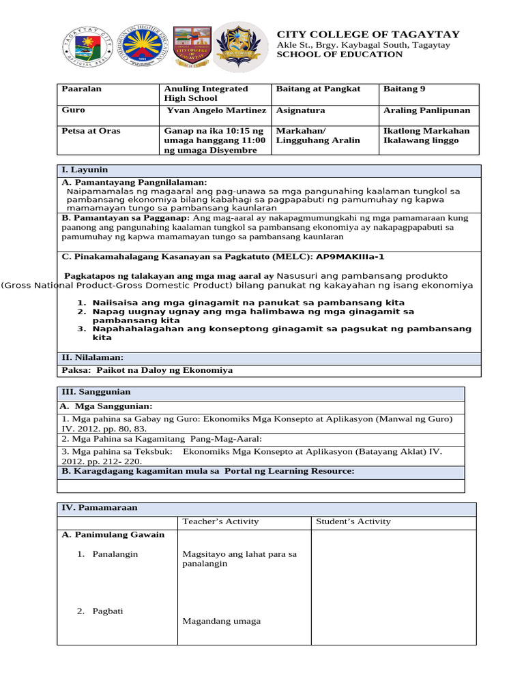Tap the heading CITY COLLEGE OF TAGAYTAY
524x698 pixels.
pos(368,34)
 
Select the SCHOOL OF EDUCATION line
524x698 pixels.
pos(339,55)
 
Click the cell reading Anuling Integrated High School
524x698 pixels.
pos(206,93)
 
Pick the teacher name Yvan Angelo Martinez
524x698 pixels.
pos(216,110)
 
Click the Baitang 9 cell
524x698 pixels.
pos(405,89)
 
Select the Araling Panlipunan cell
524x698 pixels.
pos(427,110)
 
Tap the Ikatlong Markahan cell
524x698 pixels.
pos(427,131)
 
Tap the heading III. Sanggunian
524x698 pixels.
pos(96,393)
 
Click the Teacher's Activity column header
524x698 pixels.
pos(220,521)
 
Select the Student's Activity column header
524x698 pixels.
pos(353,521)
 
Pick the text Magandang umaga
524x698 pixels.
pos(222,621)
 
